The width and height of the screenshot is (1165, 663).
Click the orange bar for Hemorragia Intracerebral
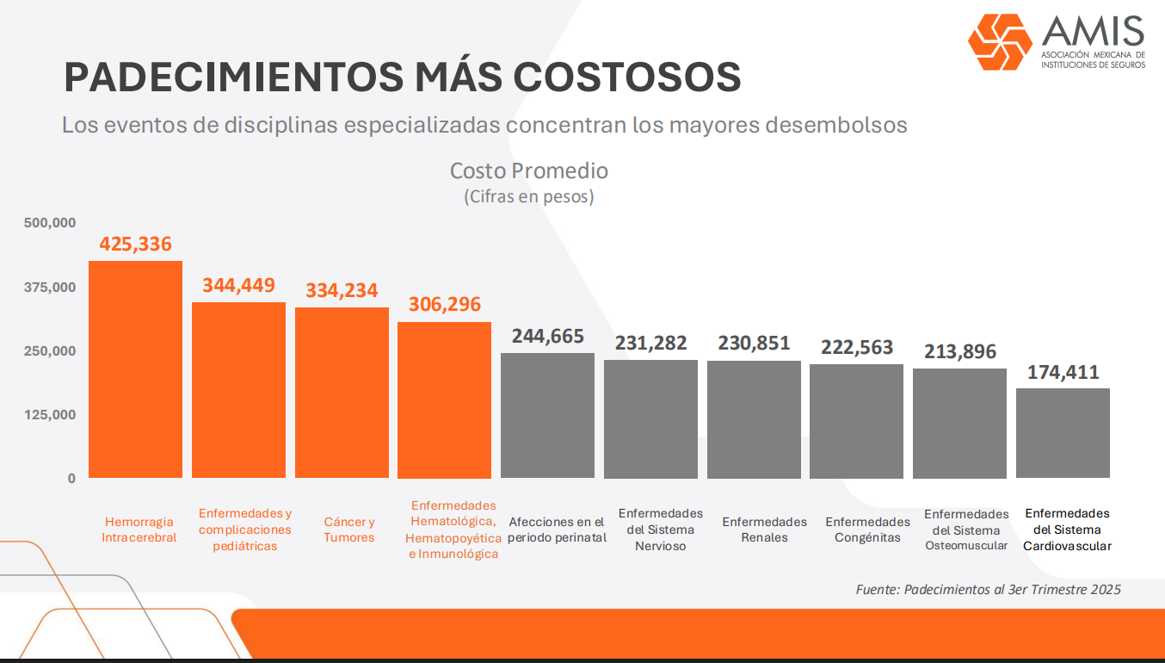point(136,369)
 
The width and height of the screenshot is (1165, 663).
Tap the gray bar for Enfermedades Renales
point(754,419)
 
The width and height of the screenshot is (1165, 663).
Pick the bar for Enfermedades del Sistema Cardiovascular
point(1063,433)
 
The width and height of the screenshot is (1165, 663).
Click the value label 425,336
point(136,245)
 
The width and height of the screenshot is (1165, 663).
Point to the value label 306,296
point(444,305)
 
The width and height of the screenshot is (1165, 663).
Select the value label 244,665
point(547,337)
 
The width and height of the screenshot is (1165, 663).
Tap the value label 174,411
point(1063,374)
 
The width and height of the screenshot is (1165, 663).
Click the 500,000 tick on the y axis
point(50,223)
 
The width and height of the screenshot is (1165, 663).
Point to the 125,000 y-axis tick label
point(50,415)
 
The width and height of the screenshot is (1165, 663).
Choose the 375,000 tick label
point(50,287)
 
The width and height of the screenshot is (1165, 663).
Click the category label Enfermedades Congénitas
point(867,530)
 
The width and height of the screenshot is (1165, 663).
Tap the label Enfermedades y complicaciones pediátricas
point(245,530)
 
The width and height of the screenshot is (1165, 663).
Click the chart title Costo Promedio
point(528,170)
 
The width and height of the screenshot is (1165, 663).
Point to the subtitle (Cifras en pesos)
point(528,196)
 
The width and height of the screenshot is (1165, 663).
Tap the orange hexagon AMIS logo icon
point(999,41)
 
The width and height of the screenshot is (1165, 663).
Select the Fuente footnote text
point(988,590)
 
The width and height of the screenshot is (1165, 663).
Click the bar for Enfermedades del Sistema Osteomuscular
point(959,424)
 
